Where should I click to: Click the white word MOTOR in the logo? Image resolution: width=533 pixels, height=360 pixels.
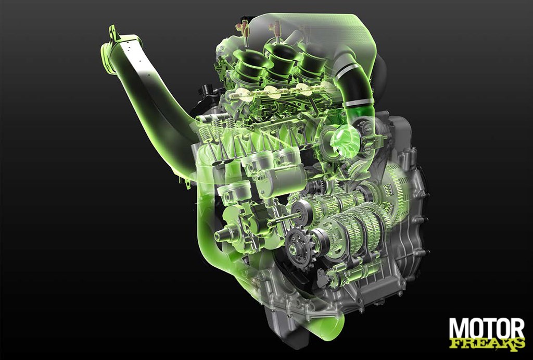[x=487, y=329]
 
